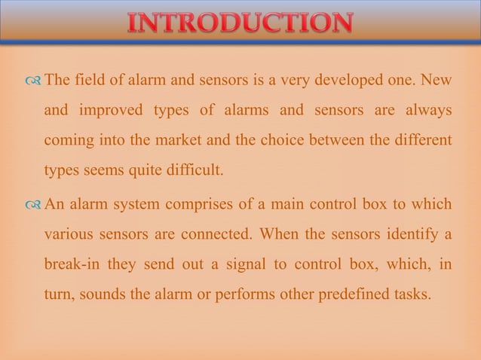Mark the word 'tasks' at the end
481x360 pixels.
point(410,294)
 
